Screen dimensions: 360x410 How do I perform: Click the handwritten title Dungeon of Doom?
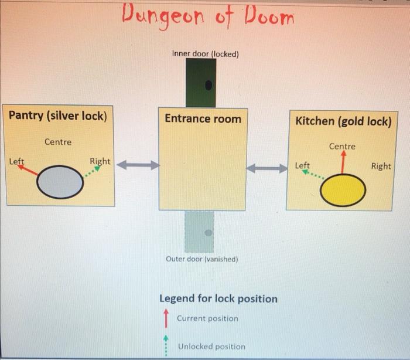point(208,16)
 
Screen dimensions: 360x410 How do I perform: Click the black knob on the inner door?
point(208,86)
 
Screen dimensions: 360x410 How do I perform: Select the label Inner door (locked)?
point(205,54)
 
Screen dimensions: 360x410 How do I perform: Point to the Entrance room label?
point(203,118)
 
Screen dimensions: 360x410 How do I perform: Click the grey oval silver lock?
point(60,182)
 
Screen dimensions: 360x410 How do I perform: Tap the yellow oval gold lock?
point(343,190)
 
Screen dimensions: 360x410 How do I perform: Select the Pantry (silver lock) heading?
point(57,115)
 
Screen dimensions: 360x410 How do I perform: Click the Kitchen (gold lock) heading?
point(343,121)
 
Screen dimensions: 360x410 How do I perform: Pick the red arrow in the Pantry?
point(28,171)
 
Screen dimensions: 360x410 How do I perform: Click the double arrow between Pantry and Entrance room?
point(138,165)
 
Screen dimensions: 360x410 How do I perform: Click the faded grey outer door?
point(199,232)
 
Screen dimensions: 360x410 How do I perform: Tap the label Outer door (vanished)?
point(202,259)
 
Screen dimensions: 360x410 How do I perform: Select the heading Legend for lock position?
point(218,298)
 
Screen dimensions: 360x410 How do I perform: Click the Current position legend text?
point(207,318)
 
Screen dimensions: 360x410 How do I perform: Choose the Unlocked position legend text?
point(211,346)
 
